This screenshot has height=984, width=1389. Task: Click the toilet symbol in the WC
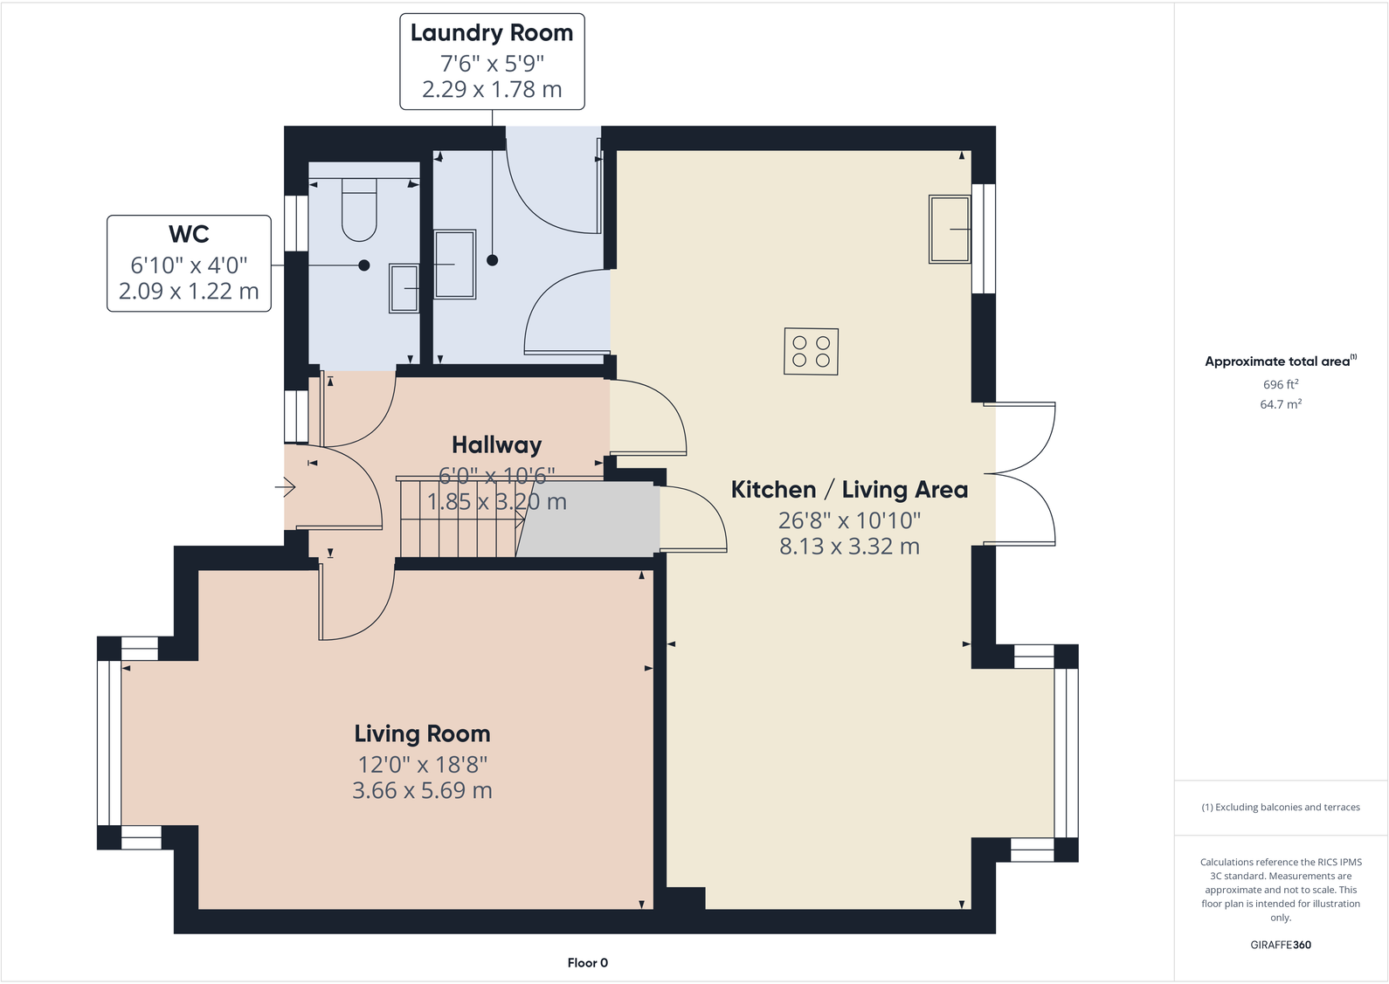pos(359,210)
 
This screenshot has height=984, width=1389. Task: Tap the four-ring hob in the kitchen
pos(811,351)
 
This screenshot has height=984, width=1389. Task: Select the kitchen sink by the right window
pos(950,229)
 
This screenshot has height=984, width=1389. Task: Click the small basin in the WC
pos(404,288)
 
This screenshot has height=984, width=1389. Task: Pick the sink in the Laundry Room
pos(455,264)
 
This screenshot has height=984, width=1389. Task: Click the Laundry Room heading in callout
pos(492,33)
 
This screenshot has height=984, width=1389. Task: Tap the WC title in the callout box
pos(189,234)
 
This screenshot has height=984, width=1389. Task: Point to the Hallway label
pos(496,445)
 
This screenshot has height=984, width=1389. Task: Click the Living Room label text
pos(422,733)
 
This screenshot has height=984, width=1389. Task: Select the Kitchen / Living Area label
pos(849,490)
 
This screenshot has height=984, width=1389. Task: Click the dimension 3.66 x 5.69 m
pos(422,791)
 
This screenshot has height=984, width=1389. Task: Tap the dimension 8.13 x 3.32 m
pos(849,547)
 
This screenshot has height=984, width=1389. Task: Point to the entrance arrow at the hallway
pos(286,487)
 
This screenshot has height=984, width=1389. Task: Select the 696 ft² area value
pos(1280,384)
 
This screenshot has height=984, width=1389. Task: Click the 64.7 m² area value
pos(1280,404)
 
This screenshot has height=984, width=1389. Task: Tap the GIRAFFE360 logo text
pos(1280,945)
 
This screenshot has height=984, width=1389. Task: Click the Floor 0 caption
pos(587,963)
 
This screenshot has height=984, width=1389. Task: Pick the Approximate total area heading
pos(1277,361)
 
